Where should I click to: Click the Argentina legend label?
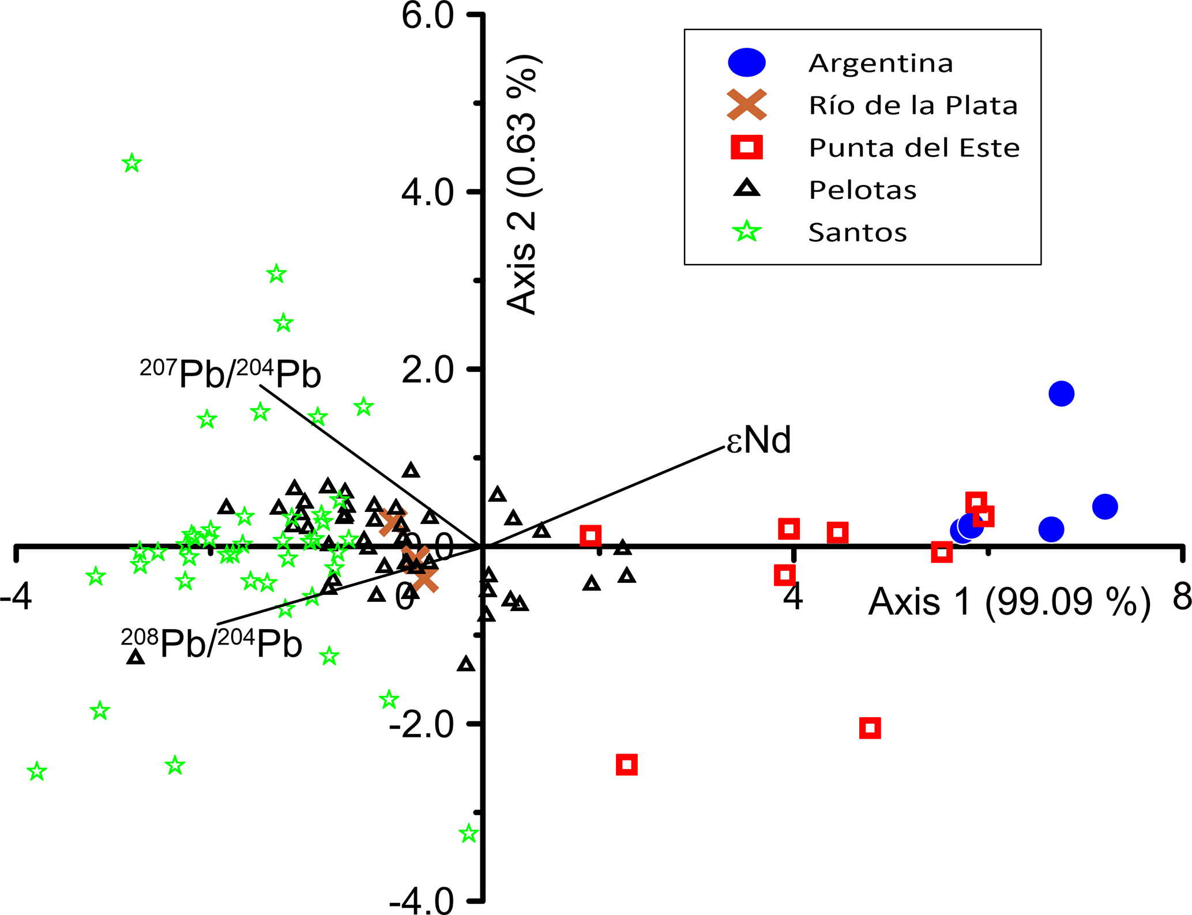881,63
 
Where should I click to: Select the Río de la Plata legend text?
913,105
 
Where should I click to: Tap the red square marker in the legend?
747,147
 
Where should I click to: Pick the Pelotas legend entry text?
863,190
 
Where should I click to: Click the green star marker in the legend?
747,232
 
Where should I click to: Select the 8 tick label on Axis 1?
1182,596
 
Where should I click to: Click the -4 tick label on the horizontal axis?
16,597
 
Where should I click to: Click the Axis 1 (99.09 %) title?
1009,602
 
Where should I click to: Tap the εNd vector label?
758,440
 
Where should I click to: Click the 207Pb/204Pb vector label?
230,374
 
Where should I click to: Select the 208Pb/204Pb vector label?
211,643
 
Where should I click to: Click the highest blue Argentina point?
1061,394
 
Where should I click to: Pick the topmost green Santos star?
132,163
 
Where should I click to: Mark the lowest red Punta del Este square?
627,765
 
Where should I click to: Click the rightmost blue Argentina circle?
1104,507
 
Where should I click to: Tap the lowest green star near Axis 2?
469,834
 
